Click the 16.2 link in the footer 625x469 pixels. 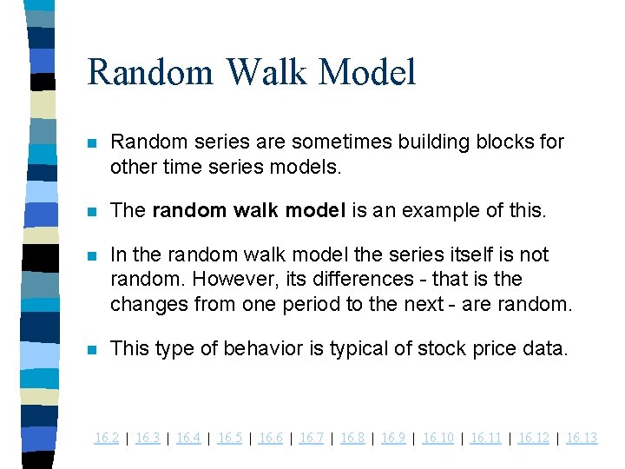(106, 438)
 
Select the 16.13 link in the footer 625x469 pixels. (582, 438)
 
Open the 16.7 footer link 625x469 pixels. (311, 438)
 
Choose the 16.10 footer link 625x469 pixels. (437, 438)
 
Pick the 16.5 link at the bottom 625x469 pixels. (229, 438)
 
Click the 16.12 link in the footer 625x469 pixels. (533, 438)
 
